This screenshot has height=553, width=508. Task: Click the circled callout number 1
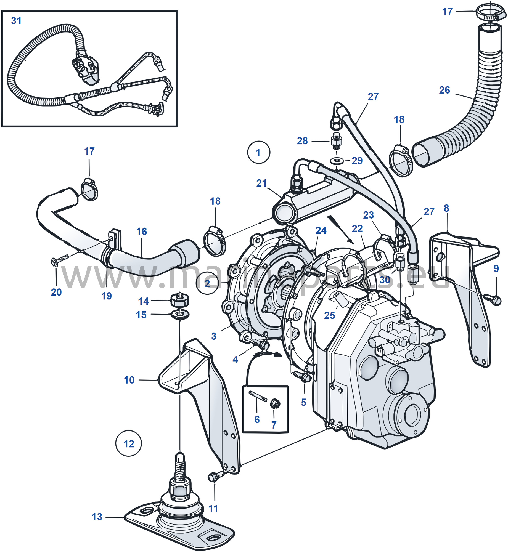click(x=258, y=153)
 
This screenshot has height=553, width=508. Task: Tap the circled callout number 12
click(x=129, y=444)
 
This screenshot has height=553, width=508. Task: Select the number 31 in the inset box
click(x=16, y=21)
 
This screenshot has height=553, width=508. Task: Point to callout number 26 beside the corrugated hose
click(x=445, y=90)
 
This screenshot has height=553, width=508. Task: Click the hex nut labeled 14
click(x=180, y=300)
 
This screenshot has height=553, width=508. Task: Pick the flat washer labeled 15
click(x=180, y=314)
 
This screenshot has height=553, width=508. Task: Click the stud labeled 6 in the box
click(x=258, y=396)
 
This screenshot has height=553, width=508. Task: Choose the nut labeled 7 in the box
click(x=275, y=404)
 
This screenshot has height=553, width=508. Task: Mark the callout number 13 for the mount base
click(x=97, y=517)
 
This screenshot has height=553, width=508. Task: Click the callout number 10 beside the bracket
click(x=129, y=380)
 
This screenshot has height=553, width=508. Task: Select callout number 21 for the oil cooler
click(x=261, y=183)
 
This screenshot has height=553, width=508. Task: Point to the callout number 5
click(x=304, y=402)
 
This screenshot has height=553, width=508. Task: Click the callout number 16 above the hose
click(x=142, y=231)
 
